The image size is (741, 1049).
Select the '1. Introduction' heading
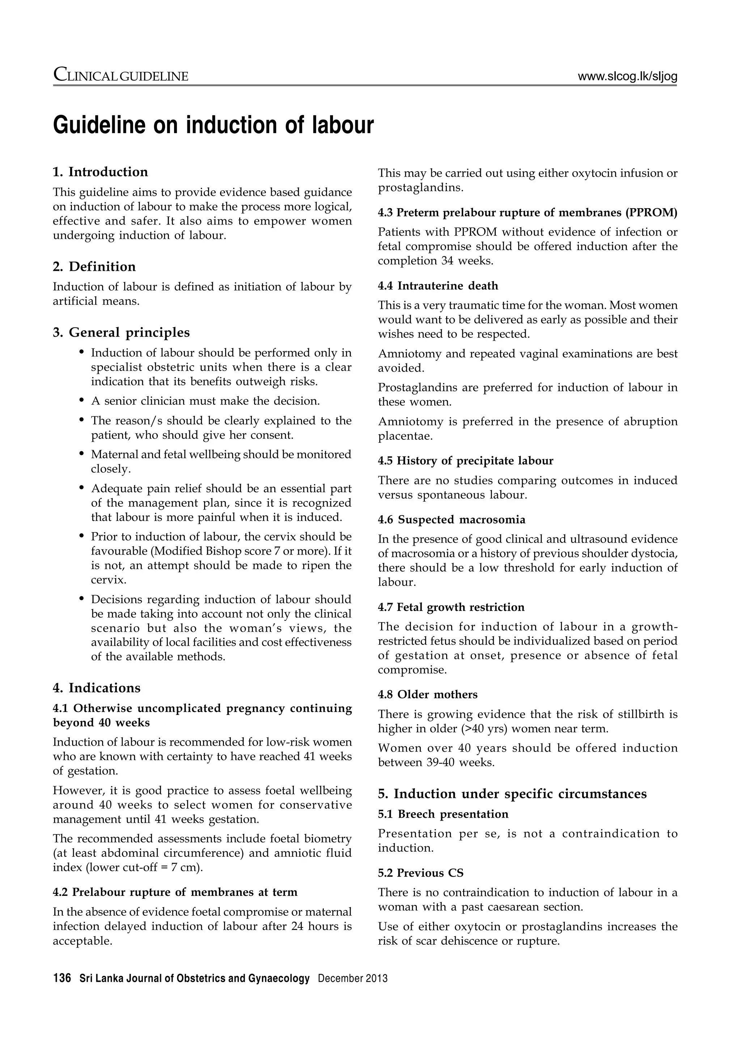click(101, 172)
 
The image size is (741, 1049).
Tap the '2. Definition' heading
click(94, 266)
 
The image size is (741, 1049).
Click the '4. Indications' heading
click(97, 688)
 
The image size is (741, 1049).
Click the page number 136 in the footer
click(62, 978)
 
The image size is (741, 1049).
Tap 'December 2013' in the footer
click(352, 978)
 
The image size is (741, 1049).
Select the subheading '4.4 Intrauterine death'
click(438, 286)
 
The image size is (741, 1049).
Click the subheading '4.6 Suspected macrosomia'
click(452, 519)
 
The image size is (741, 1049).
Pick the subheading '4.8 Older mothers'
click(427, 695)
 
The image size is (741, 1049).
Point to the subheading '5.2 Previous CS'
click(420, 873)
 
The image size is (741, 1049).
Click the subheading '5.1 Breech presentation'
click(443, 814)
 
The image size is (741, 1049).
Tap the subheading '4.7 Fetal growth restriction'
click(451, 607)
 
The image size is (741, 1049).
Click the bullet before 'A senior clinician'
click(82, 401)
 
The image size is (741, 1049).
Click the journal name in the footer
click(195, 978)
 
